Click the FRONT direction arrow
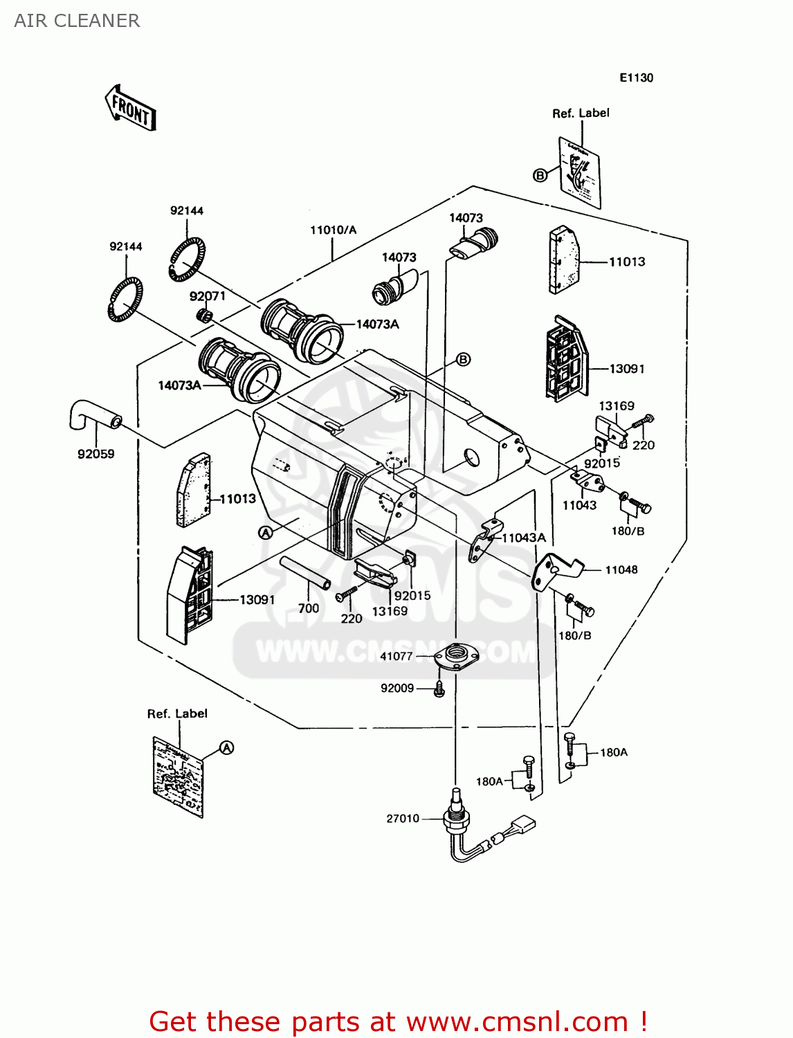(131, 108)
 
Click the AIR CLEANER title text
(77, 21)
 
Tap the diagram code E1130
(636, 78)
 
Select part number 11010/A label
(333, 230)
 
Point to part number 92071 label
(208, 296)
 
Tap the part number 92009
(397, 688)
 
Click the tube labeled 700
(305, 573)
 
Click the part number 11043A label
(524, 538)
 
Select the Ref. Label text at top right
(581, 113)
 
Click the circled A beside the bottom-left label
(227, 748)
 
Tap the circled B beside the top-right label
(540, 175)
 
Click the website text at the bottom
(398, 1021)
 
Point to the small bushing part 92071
(204, 316)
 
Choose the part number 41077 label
(396, 656)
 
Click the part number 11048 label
(621, 570)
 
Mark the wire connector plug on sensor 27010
(524, 827)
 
